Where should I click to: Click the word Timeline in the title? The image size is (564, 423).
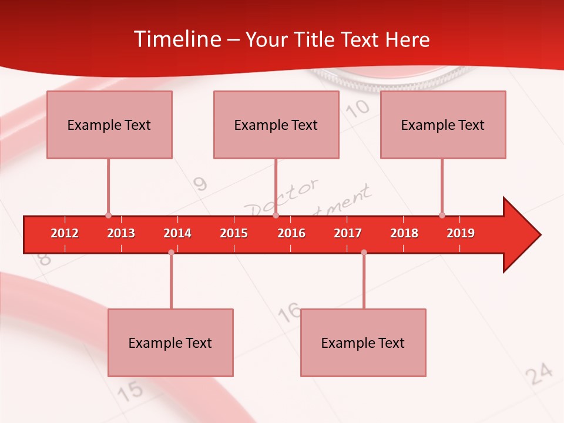[177, 39]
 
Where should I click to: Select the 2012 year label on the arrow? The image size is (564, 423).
[65, 233]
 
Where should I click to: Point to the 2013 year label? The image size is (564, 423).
[121, 233]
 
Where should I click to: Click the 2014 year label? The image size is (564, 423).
[177, 233]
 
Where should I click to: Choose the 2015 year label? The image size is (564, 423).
[234, 233]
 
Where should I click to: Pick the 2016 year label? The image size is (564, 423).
[291, 233]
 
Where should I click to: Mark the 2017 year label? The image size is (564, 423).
[348, 233]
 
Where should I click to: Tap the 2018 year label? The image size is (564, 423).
[404, 233]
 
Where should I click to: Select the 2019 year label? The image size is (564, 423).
[461, 233]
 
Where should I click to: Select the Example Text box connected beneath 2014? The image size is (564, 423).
[170, 343]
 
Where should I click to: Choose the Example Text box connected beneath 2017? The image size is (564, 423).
[363, 343]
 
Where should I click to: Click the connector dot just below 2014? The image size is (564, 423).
[171, 252]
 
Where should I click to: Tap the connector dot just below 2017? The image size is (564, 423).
[364, 252]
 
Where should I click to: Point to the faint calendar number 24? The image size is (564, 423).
[539, 374]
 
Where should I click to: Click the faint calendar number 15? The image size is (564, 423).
[132, 390]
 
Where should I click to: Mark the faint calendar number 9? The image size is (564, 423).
[200, 184]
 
